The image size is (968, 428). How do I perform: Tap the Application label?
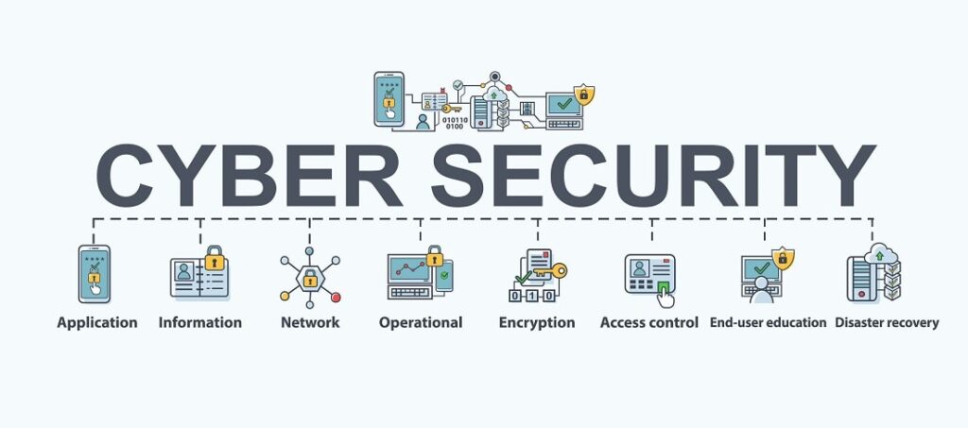[x=97, y=323]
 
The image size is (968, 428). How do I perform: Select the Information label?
[x=200, y=323]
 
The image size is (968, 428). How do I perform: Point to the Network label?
[x=310, y=323]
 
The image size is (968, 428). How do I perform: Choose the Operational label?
[x=421, y=323]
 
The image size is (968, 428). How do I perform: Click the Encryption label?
[x=537, y=323]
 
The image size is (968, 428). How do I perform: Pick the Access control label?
[x=649, y=323]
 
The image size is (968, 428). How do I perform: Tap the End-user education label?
[x=769, y=323]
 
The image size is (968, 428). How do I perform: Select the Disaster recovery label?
[x=887, y=323]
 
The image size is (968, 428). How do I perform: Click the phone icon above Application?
[x=94, y=275]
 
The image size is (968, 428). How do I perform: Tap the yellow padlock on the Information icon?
[x=215, y=258]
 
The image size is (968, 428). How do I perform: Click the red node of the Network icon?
[x=335, y=298]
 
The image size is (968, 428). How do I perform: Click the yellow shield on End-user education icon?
[x=783, y=257]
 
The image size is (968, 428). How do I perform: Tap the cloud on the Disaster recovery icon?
[x=880, y=253]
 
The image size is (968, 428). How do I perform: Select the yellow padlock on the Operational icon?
[x=434, y=255]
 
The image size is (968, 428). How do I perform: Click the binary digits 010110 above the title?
[x=455, y=120]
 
